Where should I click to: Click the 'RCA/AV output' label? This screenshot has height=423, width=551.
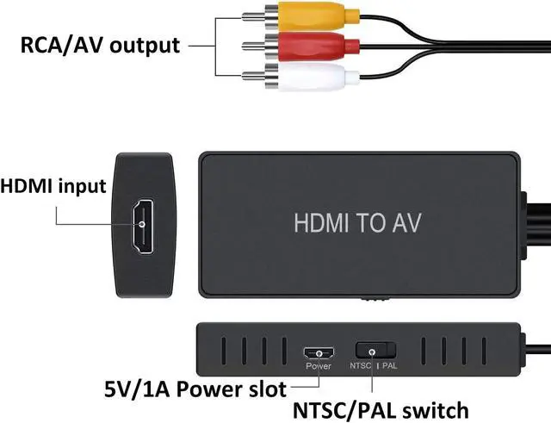tap(101, 46)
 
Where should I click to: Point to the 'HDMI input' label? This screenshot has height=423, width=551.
tap(53, 186)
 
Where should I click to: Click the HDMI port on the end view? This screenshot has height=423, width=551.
tap(143, 227)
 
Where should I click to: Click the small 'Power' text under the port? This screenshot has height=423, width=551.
tap(318, 366)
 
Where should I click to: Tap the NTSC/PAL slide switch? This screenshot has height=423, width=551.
tap(375, 351)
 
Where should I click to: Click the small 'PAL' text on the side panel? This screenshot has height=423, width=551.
tap(389, 366)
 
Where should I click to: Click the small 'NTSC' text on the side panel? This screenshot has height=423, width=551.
tap(362, 366)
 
